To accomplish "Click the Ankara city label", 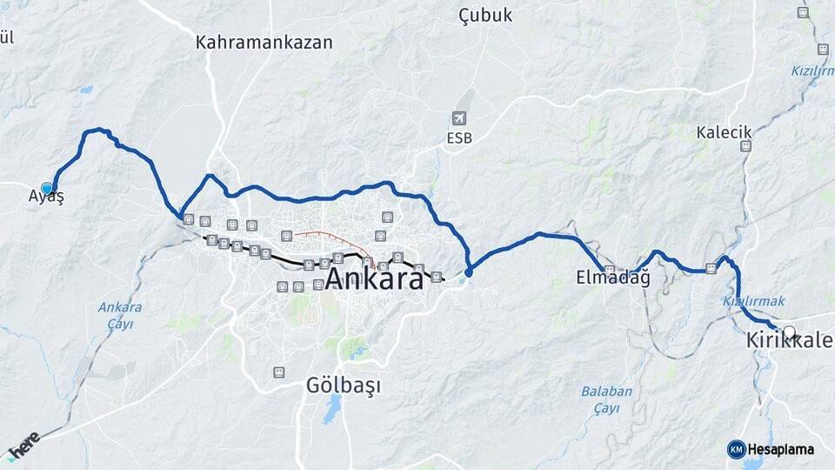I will (375, 279).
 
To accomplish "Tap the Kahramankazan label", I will (264, 42).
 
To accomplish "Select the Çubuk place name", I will (485, 16).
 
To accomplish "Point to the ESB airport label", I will (460, 138).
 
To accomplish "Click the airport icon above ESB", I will (459, 118).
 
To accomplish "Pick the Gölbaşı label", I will (344, 385).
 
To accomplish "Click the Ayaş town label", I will (46, 197).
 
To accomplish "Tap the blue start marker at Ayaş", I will (47, 187).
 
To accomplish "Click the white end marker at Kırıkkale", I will (789, 332).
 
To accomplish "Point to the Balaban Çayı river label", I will (607, 399).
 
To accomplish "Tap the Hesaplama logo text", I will (780, 449).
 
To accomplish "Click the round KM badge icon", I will (736, 449).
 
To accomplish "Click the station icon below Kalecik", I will (745, 146).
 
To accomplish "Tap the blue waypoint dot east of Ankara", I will (469, 272).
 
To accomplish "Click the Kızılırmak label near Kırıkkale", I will (753, 300).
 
